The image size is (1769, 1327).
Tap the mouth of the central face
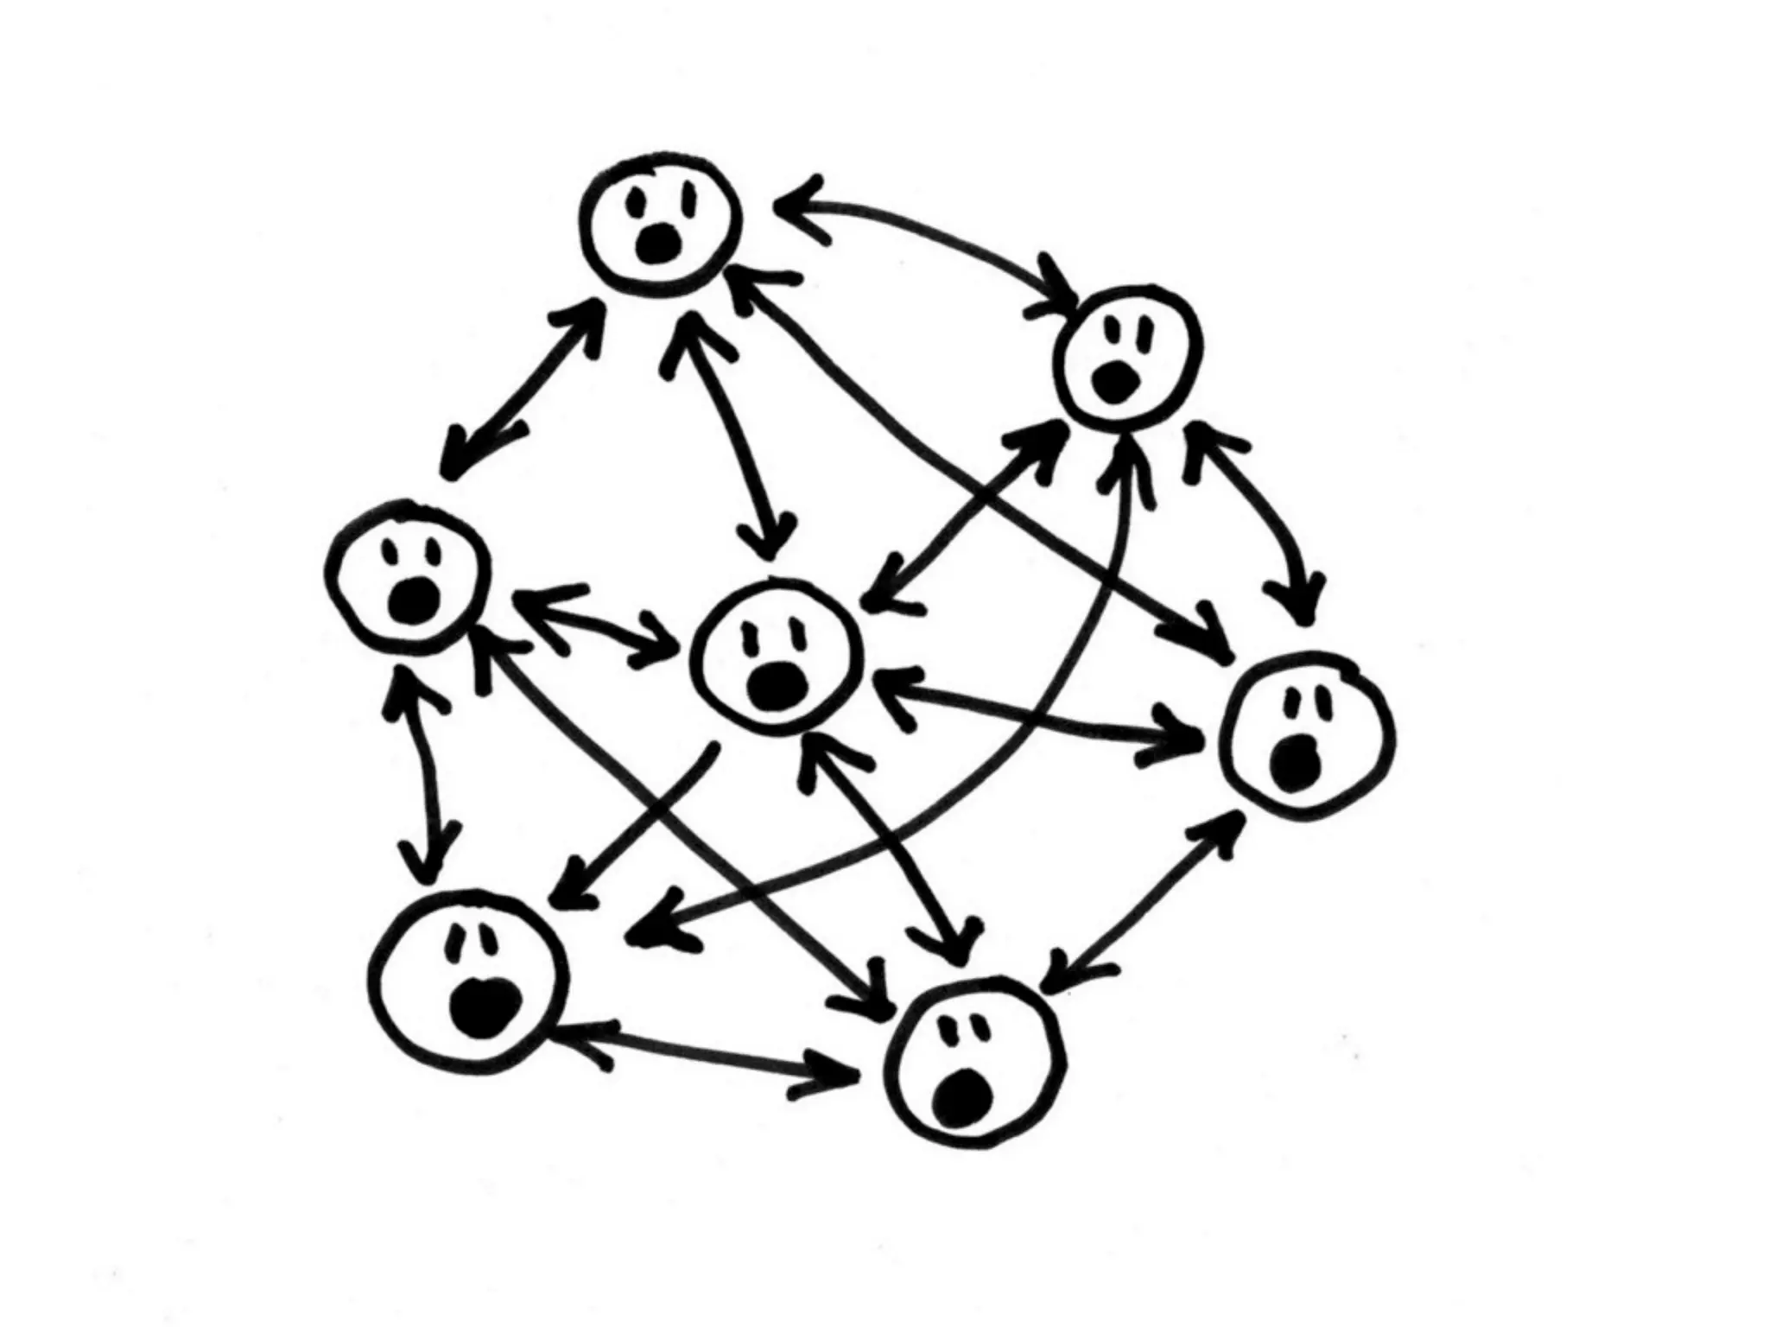tap(777, 685)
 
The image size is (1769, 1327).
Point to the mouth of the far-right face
tap(1296, 764)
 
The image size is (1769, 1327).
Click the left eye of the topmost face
tap(637, 204)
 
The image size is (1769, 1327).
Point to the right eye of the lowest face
tap(981, 1025)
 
